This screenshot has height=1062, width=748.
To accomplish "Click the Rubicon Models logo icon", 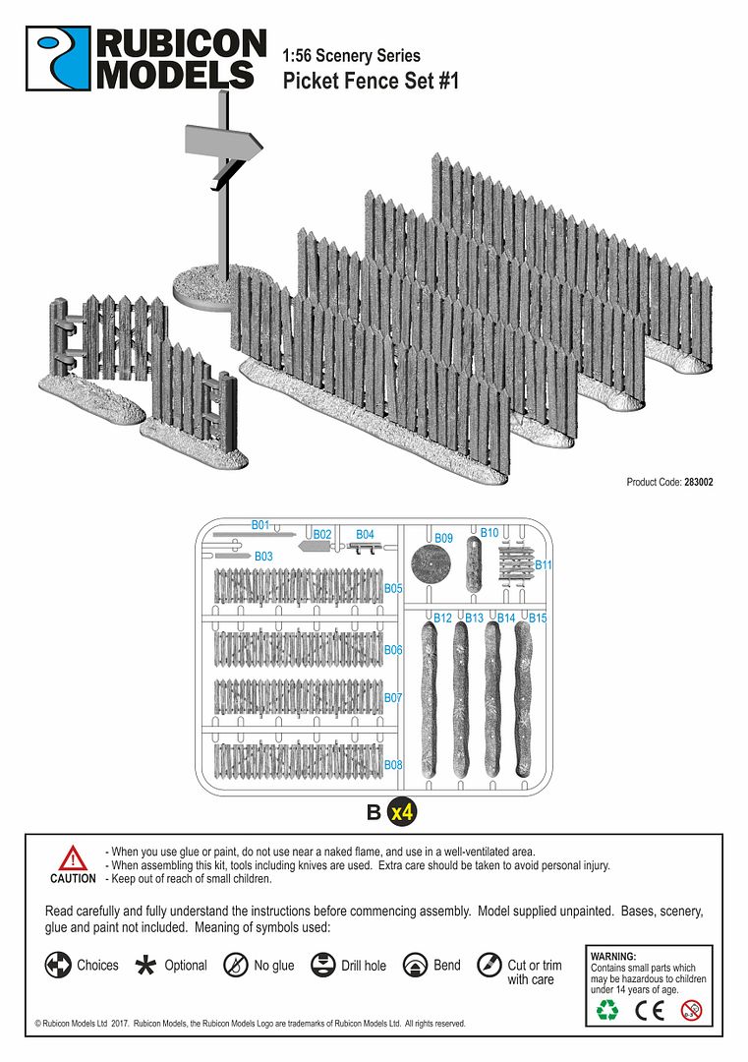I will click(x=58, y=59).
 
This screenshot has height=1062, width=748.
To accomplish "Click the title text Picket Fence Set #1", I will click(x=371, y=81).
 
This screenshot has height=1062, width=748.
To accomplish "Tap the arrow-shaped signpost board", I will click(x=224, y=146).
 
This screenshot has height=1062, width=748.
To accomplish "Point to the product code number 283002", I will click(x=699, y=482).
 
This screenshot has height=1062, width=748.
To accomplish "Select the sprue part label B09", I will click(x=443, y=539).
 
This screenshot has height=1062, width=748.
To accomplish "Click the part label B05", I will click(x=393, y=588).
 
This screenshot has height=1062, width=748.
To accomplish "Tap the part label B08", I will click(x=393, y=764).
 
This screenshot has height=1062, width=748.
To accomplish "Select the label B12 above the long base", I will click(x=442, y=619).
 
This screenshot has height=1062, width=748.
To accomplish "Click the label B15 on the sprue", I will click(x=538, y=619).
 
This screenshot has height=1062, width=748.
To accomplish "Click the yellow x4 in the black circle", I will click(x=401, y=813).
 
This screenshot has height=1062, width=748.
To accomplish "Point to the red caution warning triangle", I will click(x=73, y=856).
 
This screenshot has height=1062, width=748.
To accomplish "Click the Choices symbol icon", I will click(x=58, y=966).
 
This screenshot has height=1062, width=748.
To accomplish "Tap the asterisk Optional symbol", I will click(x=145, y=966).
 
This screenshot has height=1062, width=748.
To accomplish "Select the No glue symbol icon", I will click(x=235, y=966).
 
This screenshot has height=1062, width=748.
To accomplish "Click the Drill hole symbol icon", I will click(x=322, y=966).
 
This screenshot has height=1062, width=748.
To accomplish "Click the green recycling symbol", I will click(x=608, y=1009).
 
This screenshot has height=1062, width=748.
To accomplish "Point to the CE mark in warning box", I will click(x=651, y=1009).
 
